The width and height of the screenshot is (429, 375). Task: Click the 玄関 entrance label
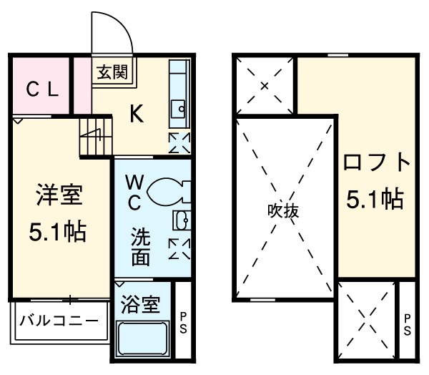[112, 72]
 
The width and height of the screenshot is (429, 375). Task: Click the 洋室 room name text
[59, 195]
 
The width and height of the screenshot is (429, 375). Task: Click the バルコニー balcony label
[59, 320]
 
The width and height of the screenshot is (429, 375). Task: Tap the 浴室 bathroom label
[142, 304]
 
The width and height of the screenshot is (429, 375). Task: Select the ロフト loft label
[377, 163]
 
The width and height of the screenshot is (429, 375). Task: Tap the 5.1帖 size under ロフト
[375, 199]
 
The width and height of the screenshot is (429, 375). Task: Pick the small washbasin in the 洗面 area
[180, 219]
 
